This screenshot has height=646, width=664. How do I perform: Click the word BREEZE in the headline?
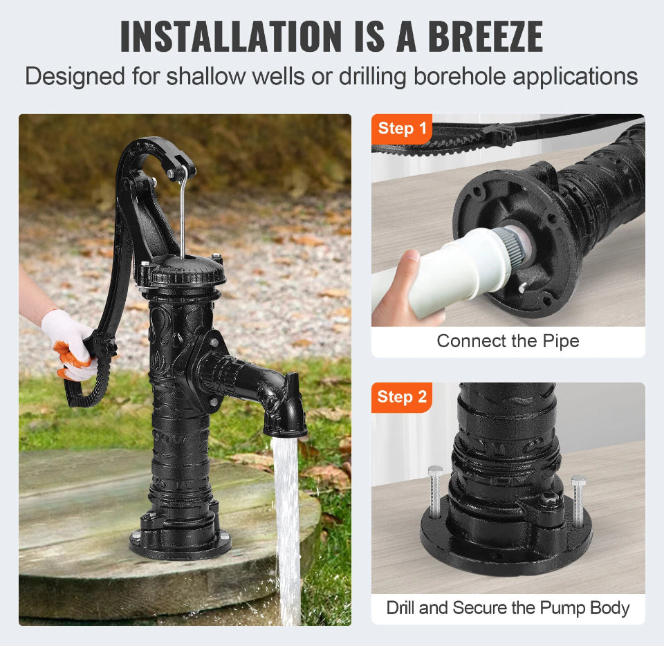486,37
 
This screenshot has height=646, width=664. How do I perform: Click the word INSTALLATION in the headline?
231,37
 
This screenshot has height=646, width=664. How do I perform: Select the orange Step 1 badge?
401,128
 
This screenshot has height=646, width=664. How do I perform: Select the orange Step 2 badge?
401,397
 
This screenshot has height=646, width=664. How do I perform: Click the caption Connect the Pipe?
508,341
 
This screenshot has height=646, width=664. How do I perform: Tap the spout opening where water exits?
285,433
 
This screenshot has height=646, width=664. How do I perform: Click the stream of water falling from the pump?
287,529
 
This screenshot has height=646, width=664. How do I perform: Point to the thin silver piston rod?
183,212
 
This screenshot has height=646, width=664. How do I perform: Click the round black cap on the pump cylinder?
182,271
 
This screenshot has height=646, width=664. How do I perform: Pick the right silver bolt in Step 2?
578,501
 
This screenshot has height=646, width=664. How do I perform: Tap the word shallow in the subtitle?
206,76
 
